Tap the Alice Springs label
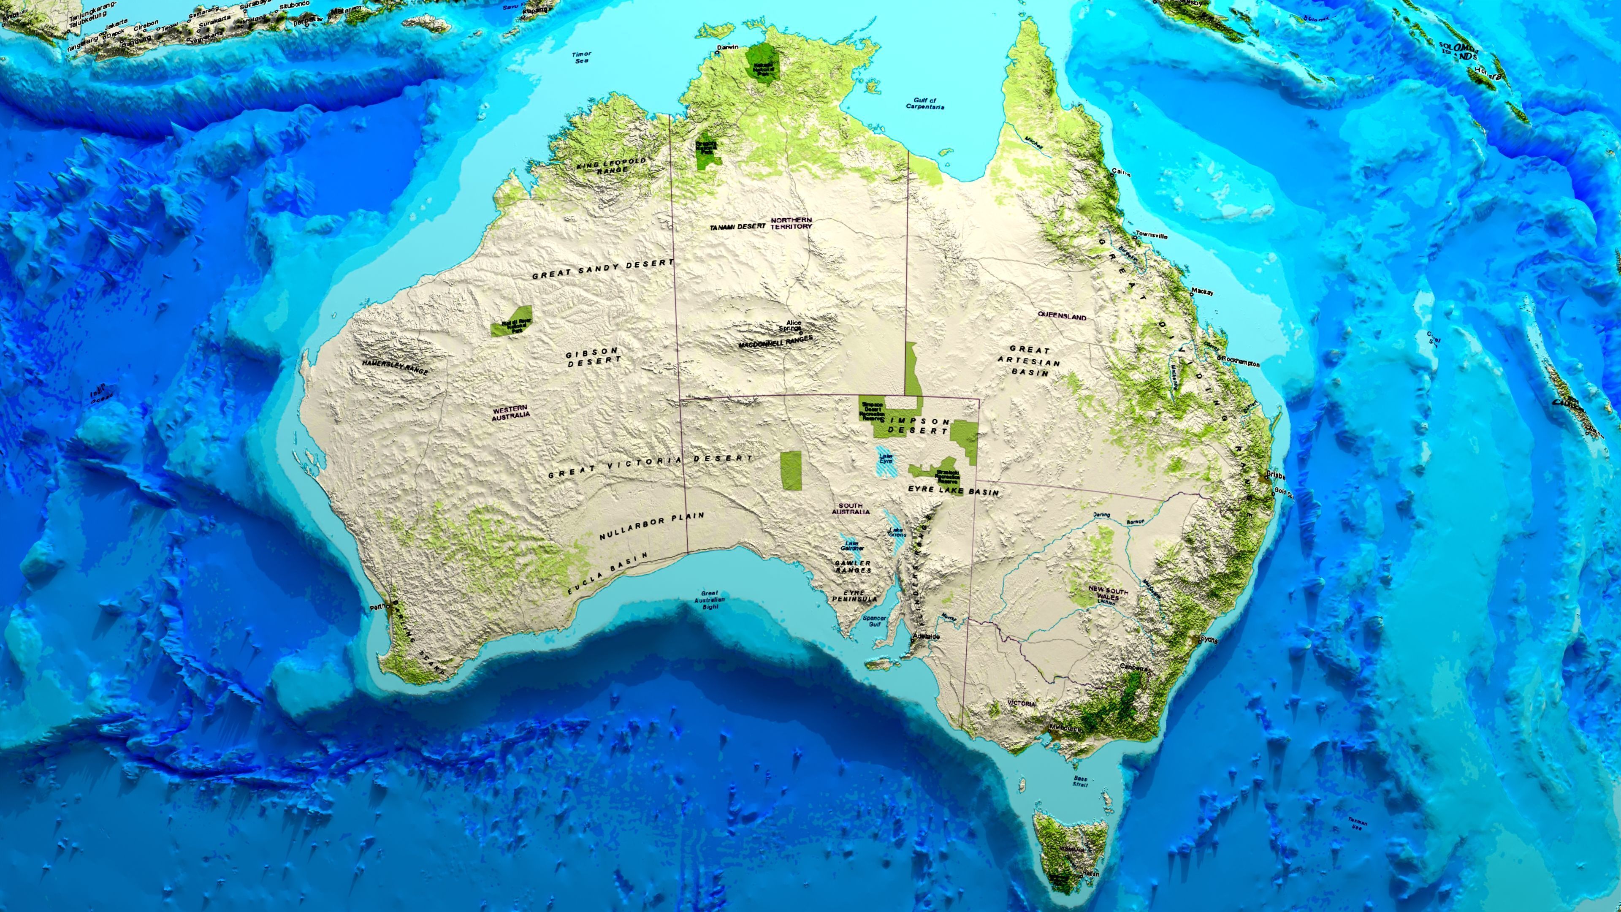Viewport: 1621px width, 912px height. (790, 326)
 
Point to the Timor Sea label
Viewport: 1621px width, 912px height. (581, 58)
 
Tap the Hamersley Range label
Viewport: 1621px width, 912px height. (395, 368)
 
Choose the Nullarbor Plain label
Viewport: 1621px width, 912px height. (651, 526)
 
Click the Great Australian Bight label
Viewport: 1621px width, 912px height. (709, 600)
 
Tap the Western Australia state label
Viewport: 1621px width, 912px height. (510, 412)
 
